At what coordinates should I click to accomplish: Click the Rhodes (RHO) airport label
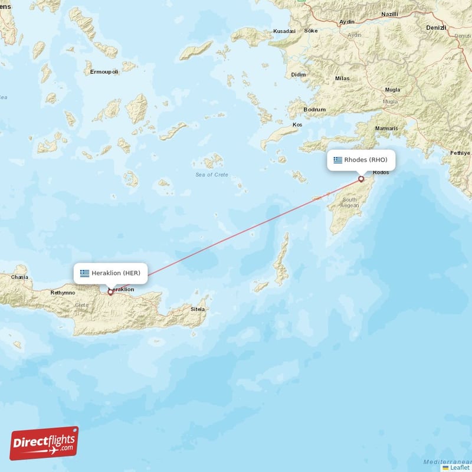[x=366, y=160]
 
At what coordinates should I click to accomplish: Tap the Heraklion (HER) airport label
[x=116, y=273]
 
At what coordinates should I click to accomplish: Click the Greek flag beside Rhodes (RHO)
[x=337, y=160]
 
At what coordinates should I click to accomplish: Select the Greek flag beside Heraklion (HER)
[x=85, y=273]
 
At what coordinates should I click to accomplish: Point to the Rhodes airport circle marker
[x=361, y=179]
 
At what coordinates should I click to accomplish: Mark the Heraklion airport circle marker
[x=110, y=292]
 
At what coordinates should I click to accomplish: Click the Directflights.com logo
[x=44, y=443]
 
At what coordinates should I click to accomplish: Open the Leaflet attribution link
[x=459, y=467]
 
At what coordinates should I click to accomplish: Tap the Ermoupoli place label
[x=104, y=72]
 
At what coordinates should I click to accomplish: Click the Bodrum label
[x=314, y=110]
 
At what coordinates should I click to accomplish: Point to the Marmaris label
[x=386, y=128]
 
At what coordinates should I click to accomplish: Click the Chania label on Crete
[x=19, y=277]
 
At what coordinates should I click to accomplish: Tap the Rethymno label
[x=63, y=292]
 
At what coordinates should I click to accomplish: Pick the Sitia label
[x=198, y=309]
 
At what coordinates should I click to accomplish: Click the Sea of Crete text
[x=211, y=175]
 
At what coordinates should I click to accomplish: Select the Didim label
[x=299, y=75]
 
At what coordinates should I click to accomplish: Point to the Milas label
[x=342, y=78]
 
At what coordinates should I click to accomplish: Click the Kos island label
[x=297, y=125]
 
